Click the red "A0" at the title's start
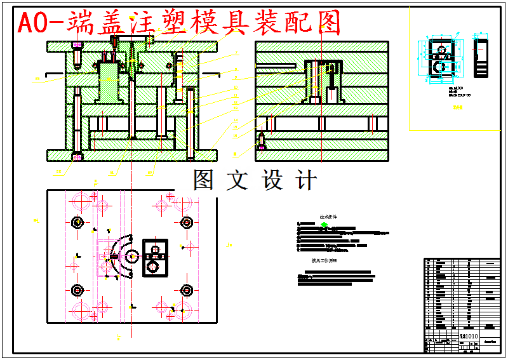[x=32, y=23]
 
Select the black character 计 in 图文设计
[x=306, y=180]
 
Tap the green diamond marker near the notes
[x=324, y=224]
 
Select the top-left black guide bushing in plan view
[x=77, y=223]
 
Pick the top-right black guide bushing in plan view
[x=187, y=223]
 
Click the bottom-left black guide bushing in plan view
[x=77, y=291]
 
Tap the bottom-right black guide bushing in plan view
[x=187, y=291]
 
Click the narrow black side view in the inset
[x=482, y=58]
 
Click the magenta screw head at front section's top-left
[x=77, y=46]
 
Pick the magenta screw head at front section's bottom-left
[x=77, y=156]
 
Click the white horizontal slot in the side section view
[x=276, y=65]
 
